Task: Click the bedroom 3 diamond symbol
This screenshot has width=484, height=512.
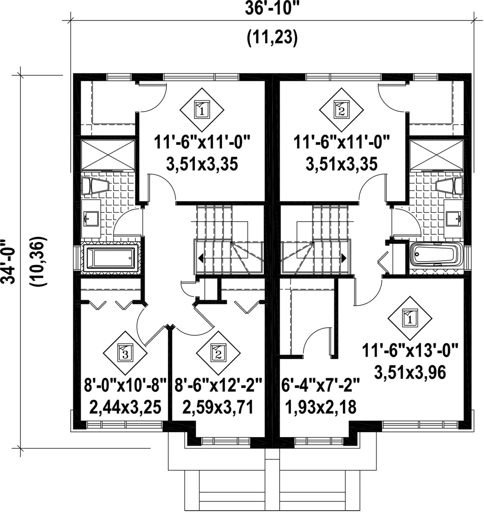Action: tap(125, 353)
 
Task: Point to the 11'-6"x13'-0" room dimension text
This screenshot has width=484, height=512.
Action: tap(411, 352)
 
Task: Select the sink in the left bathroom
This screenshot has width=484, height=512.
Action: tap(91, 218)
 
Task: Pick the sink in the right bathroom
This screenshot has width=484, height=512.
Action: tap(454, 218)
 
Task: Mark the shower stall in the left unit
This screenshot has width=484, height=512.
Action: tap(108, 155)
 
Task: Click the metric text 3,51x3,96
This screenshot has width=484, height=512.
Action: tap(411, 372)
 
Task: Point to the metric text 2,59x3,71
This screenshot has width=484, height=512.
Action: tap(218, 407)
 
